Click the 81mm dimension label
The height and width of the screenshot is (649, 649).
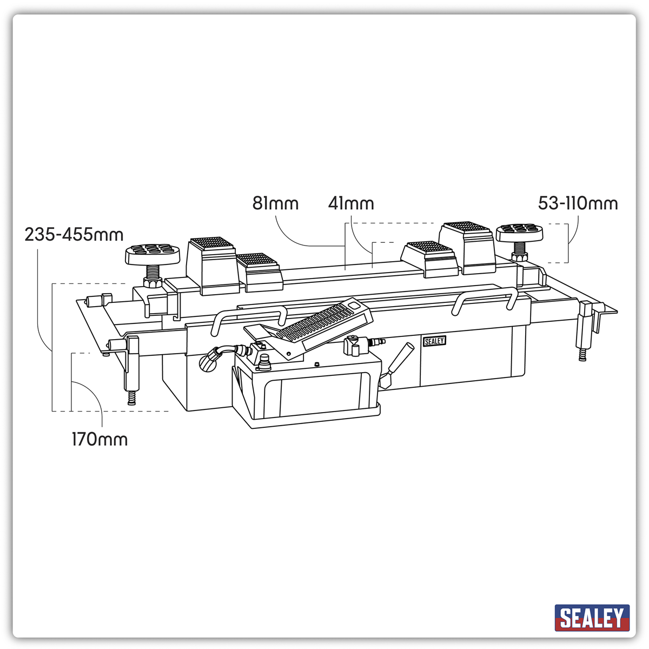tap(275, 204)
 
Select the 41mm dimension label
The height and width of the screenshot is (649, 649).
tap(351, 204)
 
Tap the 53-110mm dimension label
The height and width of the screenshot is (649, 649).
tap(578, 203)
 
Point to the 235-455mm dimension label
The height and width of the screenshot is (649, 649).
tap(74, 235)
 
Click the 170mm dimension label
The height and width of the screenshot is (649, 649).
tap(100, 439)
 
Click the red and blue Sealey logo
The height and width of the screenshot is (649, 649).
tap(592, 618)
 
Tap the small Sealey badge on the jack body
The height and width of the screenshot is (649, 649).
tap(434, 341)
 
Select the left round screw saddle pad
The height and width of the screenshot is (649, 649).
tap(153, 254)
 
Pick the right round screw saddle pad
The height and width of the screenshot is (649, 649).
tap(519, 233)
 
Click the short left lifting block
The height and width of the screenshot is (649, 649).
tap(259, 273)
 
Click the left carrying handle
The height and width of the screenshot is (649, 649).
tap(250, 319)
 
